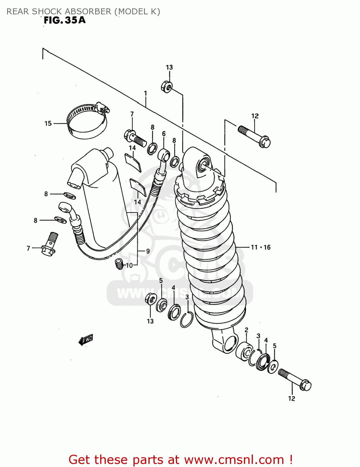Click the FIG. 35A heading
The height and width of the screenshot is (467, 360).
point(64,20)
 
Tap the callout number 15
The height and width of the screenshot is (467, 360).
point(48,124)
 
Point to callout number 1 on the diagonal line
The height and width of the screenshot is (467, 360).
point(145,93)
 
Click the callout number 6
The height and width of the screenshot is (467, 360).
point(164,134)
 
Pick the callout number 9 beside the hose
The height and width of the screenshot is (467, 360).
point(148,251)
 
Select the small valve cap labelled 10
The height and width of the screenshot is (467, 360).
point(119,264)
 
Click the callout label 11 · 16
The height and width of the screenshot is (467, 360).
point(261,247)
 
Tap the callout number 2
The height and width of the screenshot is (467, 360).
point(246,330)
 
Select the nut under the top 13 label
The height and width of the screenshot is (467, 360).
point(167,87)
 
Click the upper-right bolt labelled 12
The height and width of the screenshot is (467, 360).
point(255,136)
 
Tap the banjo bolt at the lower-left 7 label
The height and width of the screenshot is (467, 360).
point(49,243)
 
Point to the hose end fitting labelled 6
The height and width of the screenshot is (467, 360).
point(163,155)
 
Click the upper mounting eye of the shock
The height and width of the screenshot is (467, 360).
point(203,165)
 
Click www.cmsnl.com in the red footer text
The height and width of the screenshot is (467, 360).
point(234,460)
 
